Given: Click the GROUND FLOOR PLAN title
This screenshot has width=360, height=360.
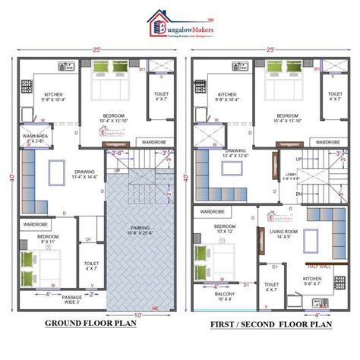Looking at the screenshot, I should click(91, 324).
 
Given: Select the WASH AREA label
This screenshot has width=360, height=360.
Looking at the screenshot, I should click(36, 137).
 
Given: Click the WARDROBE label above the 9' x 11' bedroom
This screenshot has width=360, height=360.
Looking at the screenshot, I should click(36, 225).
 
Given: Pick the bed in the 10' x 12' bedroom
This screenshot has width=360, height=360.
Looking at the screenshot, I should click(210, 258).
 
